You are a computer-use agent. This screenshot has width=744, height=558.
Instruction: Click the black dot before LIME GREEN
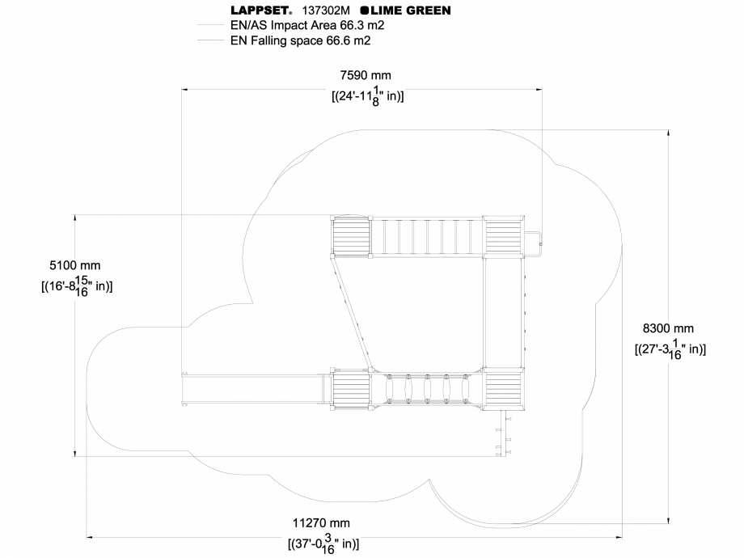(365, 11)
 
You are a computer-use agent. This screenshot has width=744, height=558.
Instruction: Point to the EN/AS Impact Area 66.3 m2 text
(306, 25)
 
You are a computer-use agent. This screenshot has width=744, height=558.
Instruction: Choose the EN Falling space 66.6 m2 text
(300, 40)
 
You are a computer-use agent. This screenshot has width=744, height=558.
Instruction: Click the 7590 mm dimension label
(365, 76)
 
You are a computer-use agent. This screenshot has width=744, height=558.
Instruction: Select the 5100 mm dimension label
(75, 265)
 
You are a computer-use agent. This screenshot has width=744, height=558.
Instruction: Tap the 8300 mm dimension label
(668, 328)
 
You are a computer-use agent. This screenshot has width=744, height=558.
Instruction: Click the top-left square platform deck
(350, 237)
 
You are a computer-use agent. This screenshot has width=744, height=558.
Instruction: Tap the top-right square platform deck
(503, 237)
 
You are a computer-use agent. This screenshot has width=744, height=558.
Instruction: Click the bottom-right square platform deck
(503, 390)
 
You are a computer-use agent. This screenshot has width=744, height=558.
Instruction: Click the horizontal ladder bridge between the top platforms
(426, 237)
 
